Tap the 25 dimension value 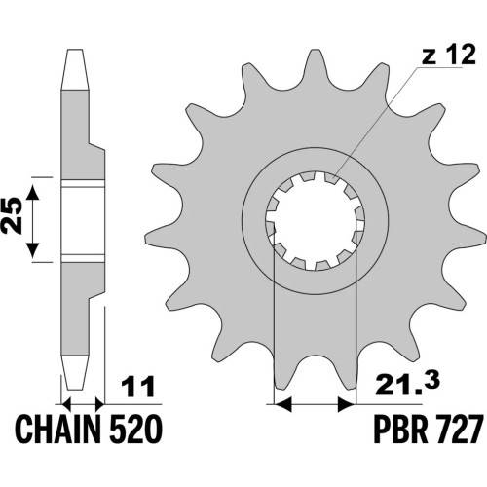pos(13,216)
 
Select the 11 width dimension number pos(137,387)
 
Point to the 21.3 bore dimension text pos(408,385)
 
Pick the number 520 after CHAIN pos(134,430)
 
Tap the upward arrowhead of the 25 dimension pos(32,193)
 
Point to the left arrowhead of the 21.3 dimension pos(282,404)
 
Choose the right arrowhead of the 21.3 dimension pos(347,404)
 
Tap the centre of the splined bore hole pos(316,221)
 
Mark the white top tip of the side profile pos(75,69)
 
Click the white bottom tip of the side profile pos(75,372)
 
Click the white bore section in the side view pos(83,221)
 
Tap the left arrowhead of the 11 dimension pos(66,404)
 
